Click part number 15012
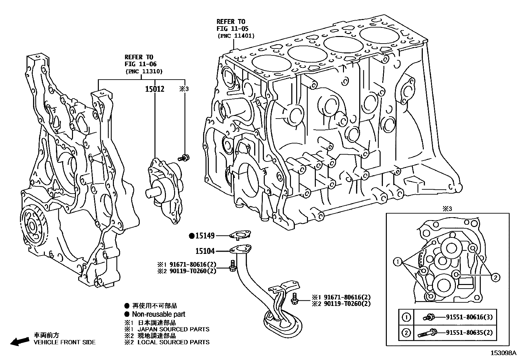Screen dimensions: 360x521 [x=154, y=89]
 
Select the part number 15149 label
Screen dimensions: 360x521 [x=205, y=236]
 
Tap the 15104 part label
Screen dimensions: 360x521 [x=205, y=251]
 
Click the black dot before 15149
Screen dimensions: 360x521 [x=192, y=236]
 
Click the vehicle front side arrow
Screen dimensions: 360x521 [x=19, y=341]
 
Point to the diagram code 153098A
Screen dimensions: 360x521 [x=503, y=353]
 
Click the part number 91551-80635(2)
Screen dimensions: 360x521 [x=469, y=333]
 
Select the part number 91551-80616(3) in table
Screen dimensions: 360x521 [x=469, y=317]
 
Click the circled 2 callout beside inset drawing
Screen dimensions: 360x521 [x=496, y=277]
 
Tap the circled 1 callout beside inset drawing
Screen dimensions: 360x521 [x=397, y=261]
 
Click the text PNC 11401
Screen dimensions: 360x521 [x=236, y=36]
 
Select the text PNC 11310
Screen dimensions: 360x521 [x=144, y=71]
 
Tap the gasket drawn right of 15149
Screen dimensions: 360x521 [x=240, y=235]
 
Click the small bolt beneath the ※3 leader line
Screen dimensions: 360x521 [x=185, y=158]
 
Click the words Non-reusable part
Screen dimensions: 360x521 [x=158, y=314]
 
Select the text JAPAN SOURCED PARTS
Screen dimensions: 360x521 [x=173, y=329]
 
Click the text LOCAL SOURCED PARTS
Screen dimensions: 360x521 [x=173, y=342]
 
